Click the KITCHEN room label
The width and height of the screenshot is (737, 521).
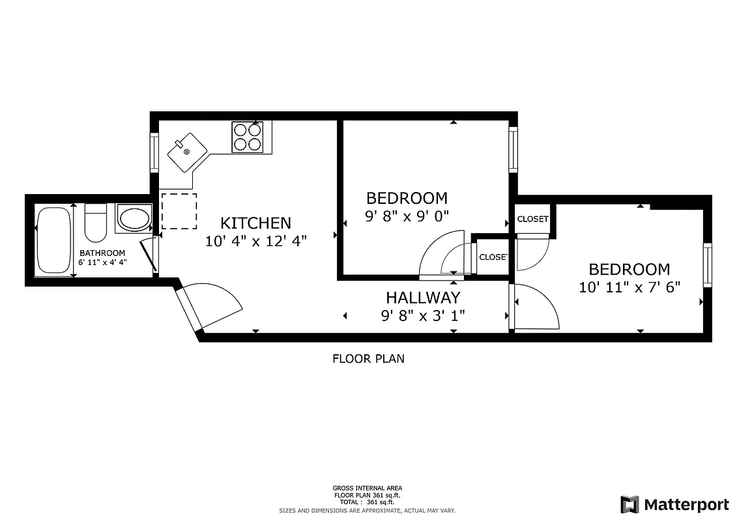pos(255,223)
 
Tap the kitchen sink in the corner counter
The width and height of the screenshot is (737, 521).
pos(186,152)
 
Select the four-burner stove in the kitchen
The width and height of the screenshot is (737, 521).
pos(247,137)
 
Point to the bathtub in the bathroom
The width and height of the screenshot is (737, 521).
pos(53,240)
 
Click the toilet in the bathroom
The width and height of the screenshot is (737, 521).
pos(96,223)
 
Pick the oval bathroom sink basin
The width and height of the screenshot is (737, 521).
pos(134,219)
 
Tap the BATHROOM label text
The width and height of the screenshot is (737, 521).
pos(102,253)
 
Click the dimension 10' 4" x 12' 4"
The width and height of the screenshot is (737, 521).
pos(255,241)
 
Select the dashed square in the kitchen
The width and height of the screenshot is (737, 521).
pos(179,211)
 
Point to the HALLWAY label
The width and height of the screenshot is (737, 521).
pos(423,298)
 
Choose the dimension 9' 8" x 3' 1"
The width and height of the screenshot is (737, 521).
pos(423,316)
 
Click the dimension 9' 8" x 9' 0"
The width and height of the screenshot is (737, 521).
pos(407,216)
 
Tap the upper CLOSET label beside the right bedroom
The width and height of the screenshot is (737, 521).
pos(532,219)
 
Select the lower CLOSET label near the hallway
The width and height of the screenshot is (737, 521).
pos(493,257)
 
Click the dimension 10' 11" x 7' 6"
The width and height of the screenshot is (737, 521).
pos(629,287)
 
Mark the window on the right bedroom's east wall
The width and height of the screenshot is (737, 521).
pos(707,264)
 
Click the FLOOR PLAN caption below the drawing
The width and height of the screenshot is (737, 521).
pos(368,358)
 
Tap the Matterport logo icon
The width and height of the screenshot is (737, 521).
pos(629,504)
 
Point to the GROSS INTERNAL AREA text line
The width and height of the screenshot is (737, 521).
pos(368,488)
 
